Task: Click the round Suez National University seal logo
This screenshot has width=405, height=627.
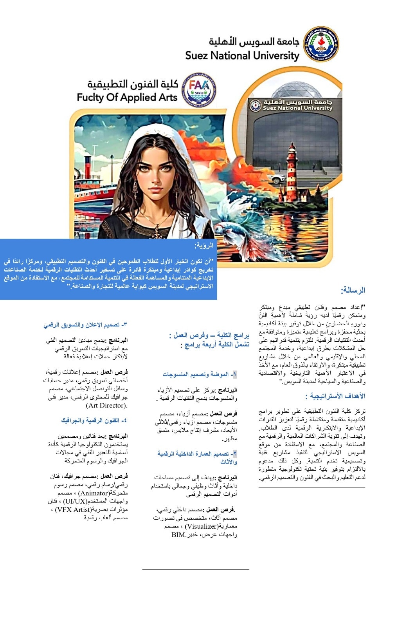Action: click(322, 44)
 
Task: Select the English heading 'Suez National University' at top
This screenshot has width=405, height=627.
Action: click(242, 56)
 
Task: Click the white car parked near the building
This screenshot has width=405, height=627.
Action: click(277, 179)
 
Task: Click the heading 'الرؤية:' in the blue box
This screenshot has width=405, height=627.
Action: click(204, 246)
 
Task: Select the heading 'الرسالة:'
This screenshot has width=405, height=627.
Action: click(353, 290)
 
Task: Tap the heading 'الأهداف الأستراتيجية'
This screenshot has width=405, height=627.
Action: click(338, 396)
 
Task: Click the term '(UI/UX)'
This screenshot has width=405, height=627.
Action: click(75, 501)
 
